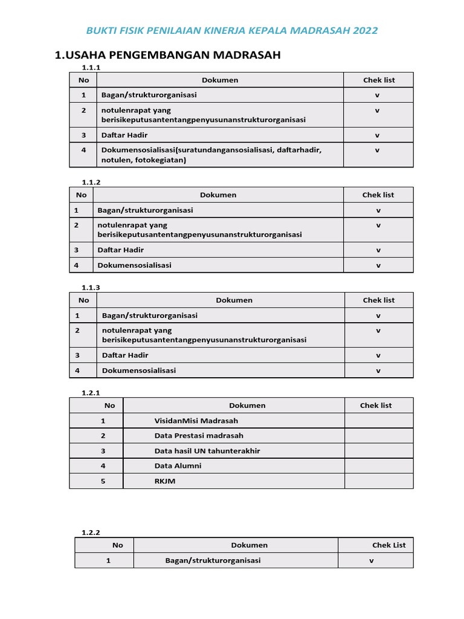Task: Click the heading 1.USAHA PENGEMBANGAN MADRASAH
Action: [168, 56]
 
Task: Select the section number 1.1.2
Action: [91, 181]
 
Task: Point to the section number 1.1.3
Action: [91, 287]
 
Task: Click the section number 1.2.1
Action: [91, 393]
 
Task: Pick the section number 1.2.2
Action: [91, 533]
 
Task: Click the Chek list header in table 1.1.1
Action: [379, 80]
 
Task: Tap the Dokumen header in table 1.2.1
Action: [247, 406]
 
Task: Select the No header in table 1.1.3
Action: [83, 300]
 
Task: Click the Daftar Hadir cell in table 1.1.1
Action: [124, 135]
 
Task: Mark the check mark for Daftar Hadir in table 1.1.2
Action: [378, 250]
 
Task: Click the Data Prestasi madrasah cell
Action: [199, 436]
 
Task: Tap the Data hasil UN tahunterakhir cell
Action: [207, 451]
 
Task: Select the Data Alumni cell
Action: [178, 466]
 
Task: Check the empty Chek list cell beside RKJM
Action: [379, 481]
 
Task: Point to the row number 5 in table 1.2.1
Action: [103, 481]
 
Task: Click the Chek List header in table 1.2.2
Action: [389, 545]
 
